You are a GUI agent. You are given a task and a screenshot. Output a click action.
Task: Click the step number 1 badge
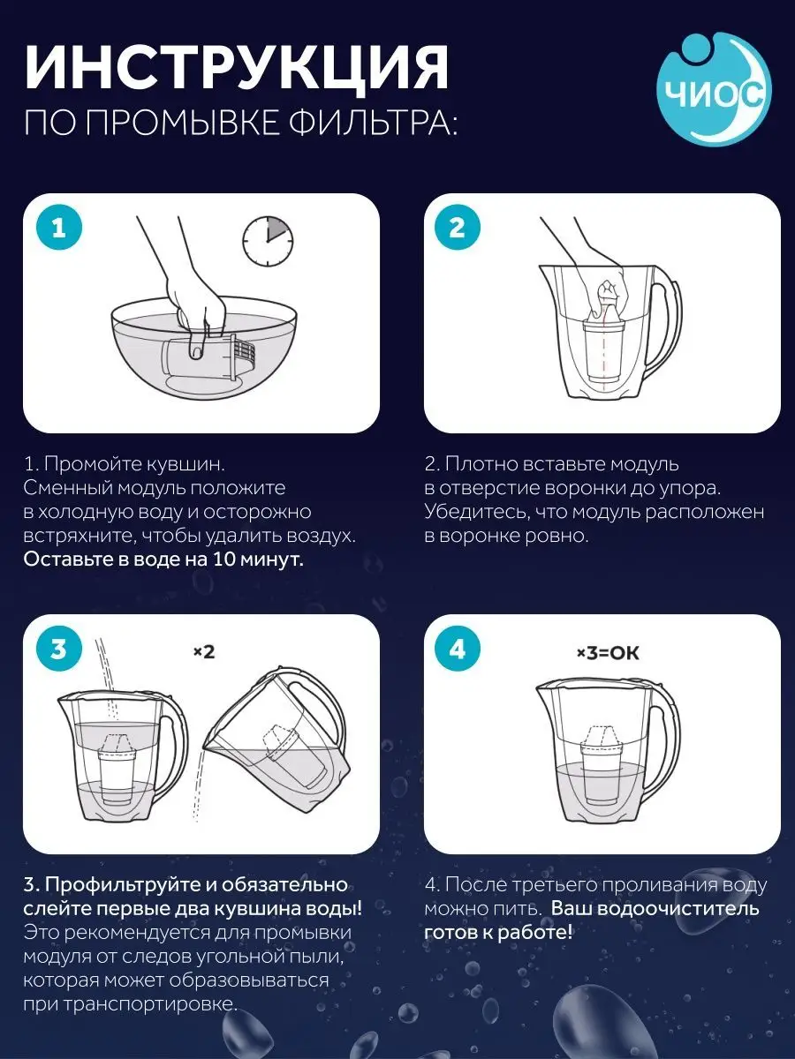(x=58, y=229)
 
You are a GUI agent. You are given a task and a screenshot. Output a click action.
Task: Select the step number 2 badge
(x=457, y=229)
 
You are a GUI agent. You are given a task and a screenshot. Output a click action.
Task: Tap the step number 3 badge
(x=58, y=650)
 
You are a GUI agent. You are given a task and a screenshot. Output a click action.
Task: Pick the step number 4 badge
(x=457, y=650)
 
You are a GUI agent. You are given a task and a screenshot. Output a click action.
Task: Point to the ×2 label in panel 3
(x=204, y=652)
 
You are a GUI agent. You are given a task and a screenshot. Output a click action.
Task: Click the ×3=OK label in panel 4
(x=607, y=653)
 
